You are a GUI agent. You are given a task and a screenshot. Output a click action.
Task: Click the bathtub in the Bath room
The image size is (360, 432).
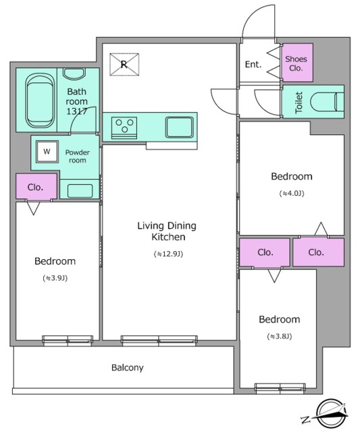click(x=39, y=101)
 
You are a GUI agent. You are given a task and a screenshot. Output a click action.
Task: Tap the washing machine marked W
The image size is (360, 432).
click(x=47, y=151)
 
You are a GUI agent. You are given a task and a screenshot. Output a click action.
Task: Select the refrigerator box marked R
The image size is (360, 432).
click(x=124, y=64)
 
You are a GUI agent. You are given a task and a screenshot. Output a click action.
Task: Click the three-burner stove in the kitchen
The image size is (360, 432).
click(x=124, y=128)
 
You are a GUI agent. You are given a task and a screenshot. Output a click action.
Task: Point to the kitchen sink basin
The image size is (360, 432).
click(x=179, y=127)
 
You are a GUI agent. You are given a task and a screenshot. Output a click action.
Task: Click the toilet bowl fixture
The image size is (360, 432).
click(x=327, y=102)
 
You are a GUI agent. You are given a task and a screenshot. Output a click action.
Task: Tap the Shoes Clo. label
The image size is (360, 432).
click(x=296, y=63)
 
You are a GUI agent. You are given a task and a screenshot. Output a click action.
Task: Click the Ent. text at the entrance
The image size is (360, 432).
click(x=253, y=65)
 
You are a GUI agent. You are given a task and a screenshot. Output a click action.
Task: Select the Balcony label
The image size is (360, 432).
click(x=128, y=367)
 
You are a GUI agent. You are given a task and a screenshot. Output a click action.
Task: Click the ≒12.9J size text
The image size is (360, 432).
click(x=168, y=254)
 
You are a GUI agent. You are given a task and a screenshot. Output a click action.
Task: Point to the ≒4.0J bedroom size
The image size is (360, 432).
click(x=292, y=194)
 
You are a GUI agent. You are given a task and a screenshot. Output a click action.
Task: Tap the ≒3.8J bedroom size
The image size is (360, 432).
click(x=279, y=336)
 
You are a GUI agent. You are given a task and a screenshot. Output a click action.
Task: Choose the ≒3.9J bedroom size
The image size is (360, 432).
click(x=55, y=278)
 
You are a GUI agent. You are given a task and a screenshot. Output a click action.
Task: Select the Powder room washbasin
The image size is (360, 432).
click(x=80, y=190)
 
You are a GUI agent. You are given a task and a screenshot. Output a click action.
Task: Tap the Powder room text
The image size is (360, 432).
click(x=78, y=156)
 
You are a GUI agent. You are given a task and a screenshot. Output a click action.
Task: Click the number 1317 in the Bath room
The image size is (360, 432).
click(x=76, y=111)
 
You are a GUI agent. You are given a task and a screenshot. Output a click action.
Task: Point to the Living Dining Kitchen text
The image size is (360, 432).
click(x=167, y=231)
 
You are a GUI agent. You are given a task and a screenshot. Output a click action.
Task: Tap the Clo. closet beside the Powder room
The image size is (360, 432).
click(x=36, y=186)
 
